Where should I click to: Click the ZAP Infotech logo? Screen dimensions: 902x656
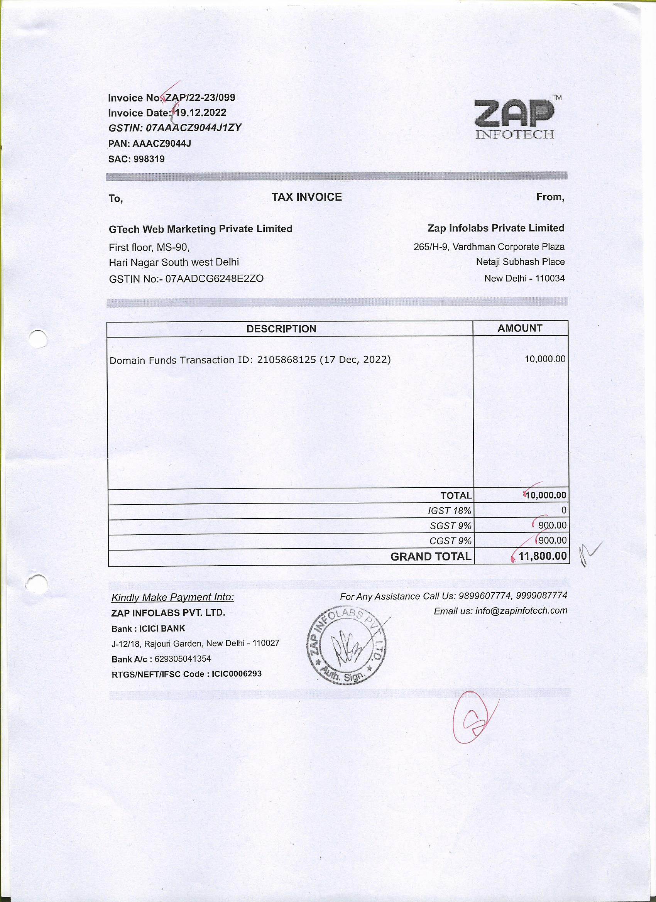pos(514,118)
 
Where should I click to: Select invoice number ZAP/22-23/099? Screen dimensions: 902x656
pos(201,98)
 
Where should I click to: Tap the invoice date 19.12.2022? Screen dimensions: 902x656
pos(201,113)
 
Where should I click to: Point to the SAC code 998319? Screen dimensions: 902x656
pos(149,159)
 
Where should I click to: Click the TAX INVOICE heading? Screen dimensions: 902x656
pos(307,197)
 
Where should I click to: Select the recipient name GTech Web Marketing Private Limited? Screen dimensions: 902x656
pos(201,229)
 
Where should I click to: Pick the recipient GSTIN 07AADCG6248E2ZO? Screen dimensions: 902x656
pos(214,279)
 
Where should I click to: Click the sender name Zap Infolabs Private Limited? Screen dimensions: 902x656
pos(496,228)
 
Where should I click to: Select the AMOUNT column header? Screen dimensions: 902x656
pos(519,328)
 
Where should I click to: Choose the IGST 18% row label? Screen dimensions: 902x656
pos(450,511)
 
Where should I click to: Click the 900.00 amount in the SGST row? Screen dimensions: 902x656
pos(552,525)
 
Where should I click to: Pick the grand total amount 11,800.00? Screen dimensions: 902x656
pos(543,556)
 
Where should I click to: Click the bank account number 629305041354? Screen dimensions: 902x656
pos(183,659)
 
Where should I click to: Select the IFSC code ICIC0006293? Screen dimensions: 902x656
pos(237,674)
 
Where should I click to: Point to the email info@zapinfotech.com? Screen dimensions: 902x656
pos(521,611)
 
